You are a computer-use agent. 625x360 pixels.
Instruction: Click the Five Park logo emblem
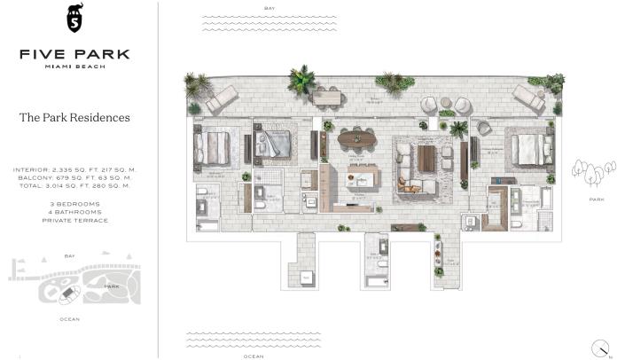pyautogui.click(x=74, y=18)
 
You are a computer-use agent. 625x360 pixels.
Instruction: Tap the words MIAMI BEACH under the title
pyautogui.click(x=74, y=67)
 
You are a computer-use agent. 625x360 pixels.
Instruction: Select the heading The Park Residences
pyautogui.click(x=74, y=117)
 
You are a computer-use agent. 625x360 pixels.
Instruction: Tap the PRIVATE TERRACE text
pyautogui.click(x=74, y=219)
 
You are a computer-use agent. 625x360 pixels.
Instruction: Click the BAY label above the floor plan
pyautogui.click(x=270, y=8)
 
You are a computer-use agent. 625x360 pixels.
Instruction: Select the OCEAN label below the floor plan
pyautogui.click(x=254, y=356)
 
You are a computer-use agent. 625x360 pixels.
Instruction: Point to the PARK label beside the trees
pyautogui.click(x=596, y=200)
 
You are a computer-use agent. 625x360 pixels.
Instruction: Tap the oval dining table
pyautogui.click(x=355, y=139)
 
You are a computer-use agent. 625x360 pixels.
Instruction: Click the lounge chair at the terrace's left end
pyautogui.click(x=222, y=98)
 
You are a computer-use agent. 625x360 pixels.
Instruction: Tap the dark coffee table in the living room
pyautogui.click(x=427, y=159)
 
